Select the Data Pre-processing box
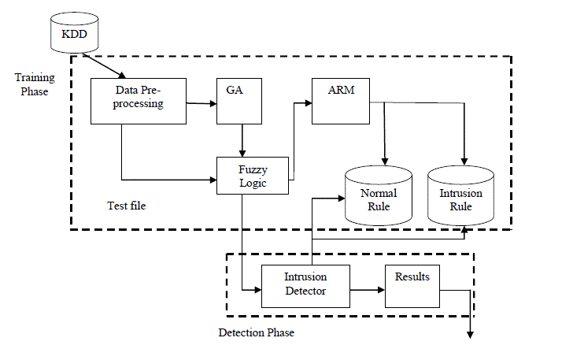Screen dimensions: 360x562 pyautogui.click(x=139, y=100)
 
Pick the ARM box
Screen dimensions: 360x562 pyautogui.click(x=341, y=100)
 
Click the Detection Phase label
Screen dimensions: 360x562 pyautogui.click(x=256, y=332)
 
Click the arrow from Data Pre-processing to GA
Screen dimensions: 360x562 pyautogui.click(x=202, y=101)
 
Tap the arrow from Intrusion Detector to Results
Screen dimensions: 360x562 pyautogui.click(x=366, y=290)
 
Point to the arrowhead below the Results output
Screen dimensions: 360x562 pyautogui.click(x=471, y=334)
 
